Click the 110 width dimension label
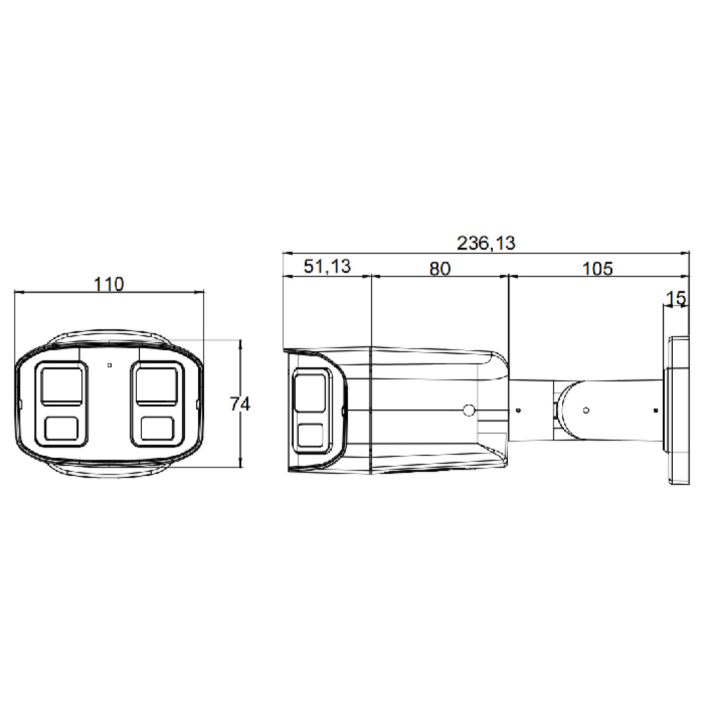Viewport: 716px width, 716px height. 109,284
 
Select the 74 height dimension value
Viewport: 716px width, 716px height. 240,404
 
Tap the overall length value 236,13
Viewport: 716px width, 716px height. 486,243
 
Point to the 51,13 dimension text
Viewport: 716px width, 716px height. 327,266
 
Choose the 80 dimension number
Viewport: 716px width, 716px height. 439,268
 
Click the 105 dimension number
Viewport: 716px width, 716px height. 597,268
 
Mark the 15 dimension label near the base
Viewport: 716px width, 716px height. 676,298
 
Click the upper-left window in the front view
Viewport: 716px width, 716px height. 61,385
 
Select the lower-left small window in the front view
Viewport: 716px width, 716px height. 61,429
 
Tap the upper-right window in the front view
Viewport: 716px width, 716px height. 156,385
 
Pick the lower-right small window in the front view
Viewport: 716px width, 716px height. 157,429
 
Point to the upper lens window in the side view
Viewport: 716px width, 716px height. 310,391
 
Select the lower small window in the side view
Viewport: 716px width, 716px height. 310,435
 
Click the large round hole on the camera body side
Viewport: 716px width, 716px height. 468,410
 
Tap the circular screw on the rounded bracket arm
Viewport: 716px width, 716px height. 586,410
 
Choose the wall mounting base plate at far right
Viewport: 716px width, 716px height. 678,410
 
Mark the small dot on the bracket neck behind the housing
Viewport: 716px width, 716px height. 518,410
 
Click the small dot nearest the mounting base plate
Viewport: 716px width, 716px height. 655,410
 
